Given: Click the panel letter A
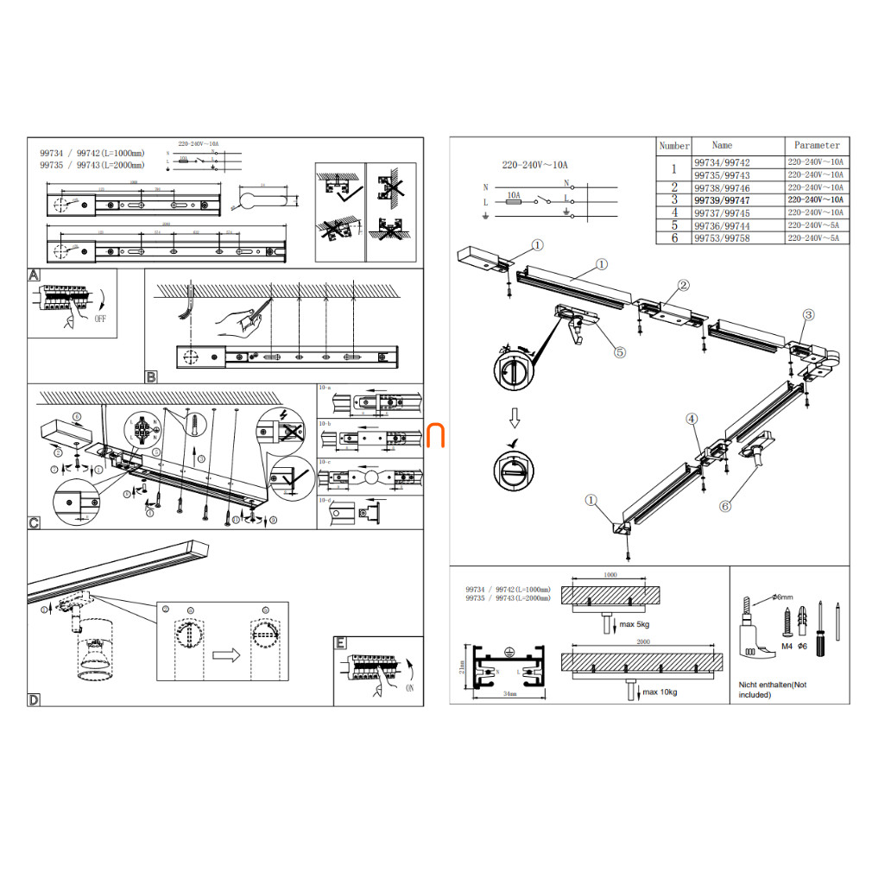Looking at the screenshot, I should (x=34, y=275).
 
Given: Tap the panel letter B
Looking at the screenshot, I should (x=151, y=376).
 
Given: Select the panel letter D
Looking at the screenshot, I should (x=34, y=699).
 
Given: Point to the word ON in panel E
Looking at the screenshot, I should (x=408, y=688).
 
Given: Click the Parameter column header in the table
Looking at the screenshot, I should (x=816, y=145).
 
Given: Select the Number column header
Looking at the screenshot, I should (x=673, y=146).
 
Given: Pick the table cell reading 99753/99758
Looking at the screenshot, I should (x=722, y=237).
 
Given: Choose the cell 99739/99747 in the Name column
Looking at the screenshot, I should (x=722, y=200).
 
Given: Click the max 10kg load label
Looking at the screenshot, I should (x=660, y=692).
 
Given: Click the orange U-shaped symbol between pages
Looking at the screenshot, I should (x=436, y=436).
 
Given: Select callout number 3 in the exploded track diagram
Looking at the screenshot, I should (x=808, y=314).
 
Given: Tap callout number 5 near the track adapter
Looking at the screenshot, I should (x=619, y=351).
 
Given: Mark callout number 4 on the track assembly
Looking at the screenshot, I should (x=692, y=419).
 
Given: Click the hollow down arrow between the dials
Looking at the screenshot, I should (x=514, y=419).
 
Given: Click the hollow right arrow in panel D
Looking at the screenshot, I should (x=226, y=655).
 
